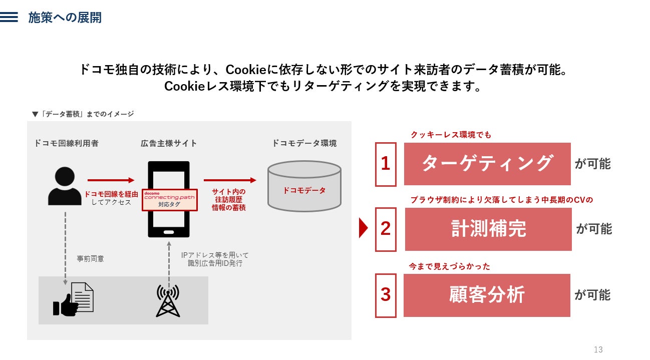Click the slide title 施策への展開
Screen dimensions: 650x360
(x=65, y=18)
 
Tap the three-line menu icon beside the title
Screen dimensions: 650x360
(x=9, y=18)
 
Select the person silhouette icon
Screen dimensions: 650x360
(x=65, y=186)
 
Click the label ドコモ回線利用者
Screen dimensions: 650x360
(x=66, y=143)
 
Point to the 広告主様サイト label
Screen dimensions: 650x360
(x=169, y=143)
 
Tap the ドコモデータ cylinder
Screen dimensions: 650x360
(x=304, y=186)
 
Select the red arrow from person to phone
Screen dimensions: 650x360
(x=111, y=180)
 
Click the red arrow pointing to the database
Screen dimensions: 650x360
(x=229, y=180)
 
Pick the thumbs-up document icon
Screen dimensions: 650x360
(x=73, y=300)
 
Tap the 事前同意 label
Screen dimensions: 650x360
(x=90, y=259)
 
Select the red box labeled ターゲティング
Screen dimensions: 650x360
(x=487, y=164)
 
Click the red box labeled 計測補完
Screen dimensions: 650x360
(x=488, y=229)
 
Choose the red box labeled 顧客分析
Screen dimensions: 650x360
(x=486, y=295)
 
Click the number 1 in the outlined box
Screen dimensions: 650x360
(x=385, y=164)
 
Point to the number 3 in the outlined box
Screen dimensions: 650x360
(x=385, y=295)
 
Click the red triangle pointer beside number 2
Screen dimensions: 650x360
(x=364, y=228)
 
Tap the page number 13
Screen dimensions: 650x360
(x=597, y=349)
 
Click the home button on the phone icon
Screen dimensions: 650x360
(x=169, y=232)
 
